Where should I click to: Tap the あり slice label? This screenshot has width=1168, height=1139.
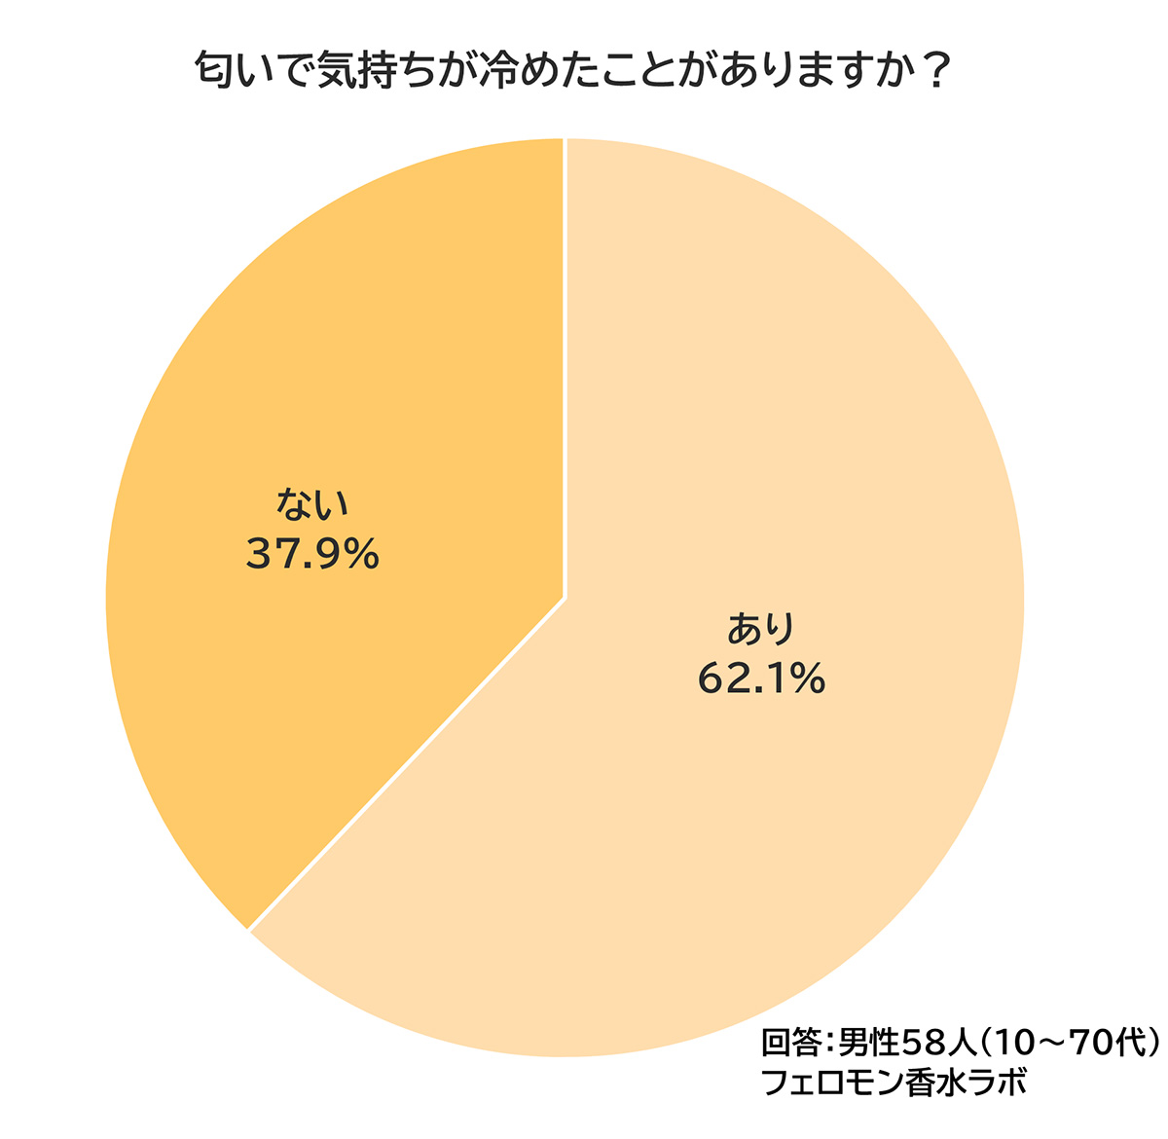click(761, 629)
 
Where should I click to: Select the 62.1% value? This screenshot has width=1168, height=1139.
click(761, 680)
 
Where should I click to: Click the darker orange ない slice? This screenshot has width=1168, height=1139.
click(321, 370)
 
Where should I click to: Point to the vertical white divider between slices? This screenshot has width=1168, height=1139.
click(565, 370)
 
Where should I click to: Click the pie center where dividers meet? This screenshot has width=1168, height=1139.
click(565, 598)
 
